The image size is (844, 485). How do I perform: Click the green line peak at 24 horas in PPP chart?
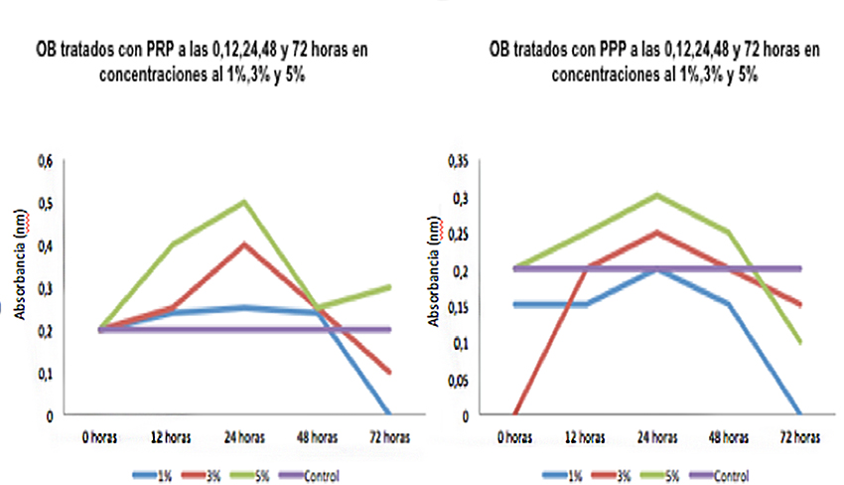[653, 195]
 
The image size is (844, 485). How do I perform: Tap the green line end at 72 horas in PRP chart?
[387, 287]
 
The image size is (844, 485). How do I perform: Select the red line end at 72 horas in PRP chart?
[387, 372]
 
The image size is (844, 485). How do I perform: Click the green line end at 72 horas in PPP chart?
[798, 342]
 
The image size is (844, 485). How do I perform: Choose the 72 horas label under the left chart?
[388, 436]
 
